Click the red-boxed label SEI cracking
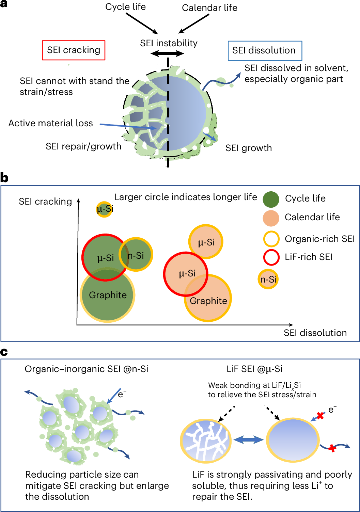(74, 50)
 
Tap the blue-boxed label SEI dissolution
(264, 51)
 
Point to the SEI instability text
(169, 43)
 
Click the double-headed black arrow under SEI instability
(167, 53)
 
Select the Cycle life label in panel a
(125, 7)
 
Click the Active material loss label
(51, 123)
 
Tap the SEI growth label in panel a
(249, 148)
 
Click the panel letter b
(4, 178)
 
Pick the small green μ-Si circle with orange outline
(104, 209)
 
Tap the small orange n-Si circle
(268, 279)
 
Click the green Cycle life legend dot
(271, 199)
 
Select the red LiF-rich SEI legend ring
(271, 257)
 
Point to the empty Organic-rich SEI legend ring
(271, 239)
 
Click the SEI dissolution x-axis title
(315, 333)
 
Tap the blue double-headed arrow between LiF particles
(249, 440)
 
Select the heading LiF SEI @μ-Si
(254, 369)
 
